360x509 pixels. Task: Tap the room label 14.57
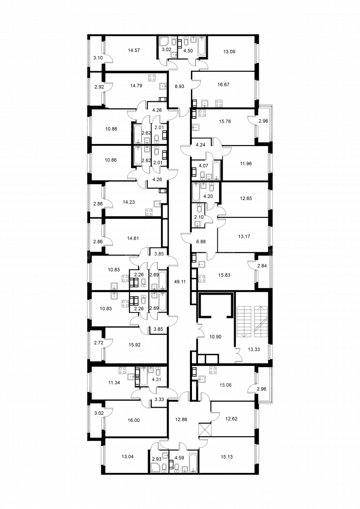coord(133,50)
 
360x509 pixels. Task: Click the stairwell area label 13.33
coord(254,349)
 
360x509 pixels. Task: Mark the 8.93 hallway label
coord(179,87)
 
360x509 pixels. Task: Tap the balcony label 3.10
coord(97,58)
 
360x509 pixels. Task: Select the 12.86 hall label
coord(180,419)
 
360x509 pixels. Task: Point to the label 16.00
coord(134,420)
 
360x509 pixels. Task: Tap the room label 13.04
coord(128,457)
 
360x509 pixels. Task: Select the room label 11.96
coord(244,163)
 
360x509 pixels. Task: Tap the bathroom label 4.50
coord(188,50)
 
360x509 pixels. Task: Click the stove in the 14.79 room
coord(152,77)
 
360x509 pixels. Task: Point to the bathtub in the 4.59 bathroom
coord(193,462)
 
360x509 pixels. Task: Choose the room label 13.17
coord(244,237)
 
